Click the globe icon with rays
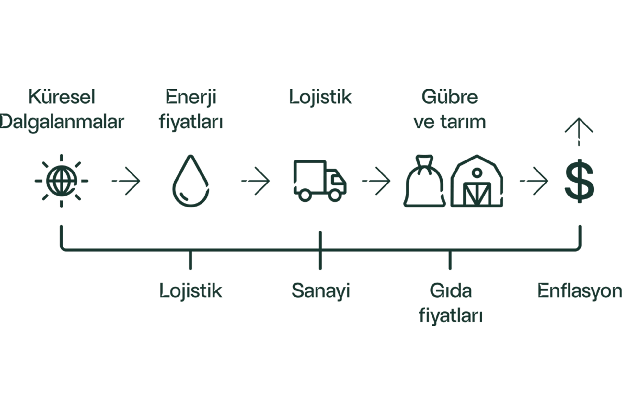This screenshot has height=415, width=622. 62,181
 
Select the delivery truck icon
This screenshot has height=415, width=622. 320,181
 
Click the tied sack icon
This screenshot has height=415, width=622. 424,181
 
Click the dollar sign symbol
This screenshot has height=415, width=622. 579,181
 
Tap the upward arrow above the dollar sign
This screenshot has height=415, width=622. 579,132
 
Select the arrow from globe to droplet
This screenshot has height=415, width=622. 126,181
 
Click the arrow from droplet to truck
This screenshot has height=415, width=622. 255,181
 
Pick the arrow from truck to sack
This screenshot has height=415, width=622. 376,181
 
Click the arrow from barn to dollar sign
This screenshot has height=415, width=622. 534,181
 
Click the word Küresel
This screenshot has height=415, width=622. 62,97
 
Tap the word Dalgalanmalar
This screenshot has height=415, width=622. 62,122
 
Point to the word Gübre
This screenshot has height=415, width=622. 450,97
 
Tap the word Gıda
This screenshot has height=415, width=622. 451,290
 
